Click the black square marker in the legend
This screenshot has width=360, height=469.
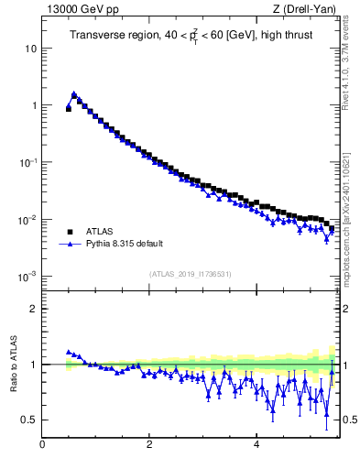tap(69, 232)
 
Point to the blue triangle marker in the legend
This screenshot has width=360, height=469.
tap(69, 245)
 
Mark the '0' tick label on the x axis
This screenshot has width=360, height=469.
tap(42, 445)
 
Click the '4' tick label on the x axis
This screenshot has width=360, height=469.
tap(256, 445)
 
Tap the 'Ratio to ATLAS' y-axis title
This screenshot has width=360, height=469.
tap(14, 364)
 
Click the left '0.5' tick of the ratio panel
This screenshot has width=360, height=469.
tap(29, 420)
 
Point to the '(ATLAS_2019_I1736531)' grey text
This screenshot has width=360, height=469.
tap(190, 274)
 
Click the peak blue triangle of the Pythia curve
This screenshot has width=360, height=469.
tap(74, 94)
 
